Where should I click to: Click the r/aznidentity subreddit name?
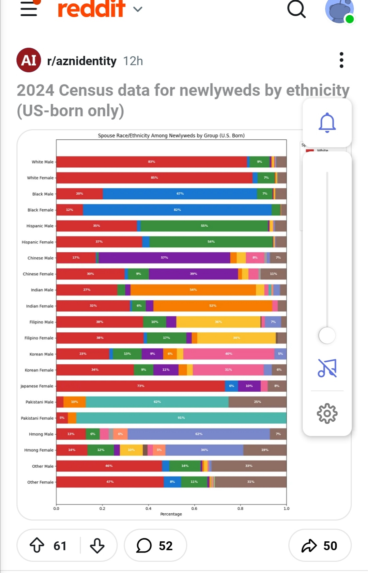tap(82, 61)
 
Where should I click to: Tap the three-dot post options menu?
tap(341, 60)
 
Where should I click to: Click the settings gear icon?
tap(327, 413)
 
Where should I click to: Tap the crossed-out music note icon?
tap(327, 368)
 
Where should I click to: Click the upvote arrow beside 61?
tap(37, 545)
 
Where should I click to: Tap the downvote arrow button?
tap(97, 545)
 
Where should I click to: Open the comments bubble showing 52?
tap(155, 545)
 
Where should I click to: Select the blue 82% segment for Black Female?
tap(177, 210)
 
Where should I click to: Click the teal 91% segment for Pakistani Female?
tap(181, 418)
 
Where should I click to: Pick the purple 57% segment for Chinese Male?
tap(164, 258)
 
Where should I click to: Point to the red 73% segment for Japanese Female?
tap(140, 386)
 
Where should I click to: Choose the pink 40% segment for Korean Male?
tap(229, 354)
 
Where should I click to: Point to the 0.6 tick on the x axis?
tap(194, 508)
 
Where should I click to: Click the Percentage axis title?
tap(171, 514)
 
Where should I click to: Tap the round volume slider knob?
tap(327, 335)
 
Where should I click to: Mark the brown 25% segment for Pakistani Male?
tap(257, 402)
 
